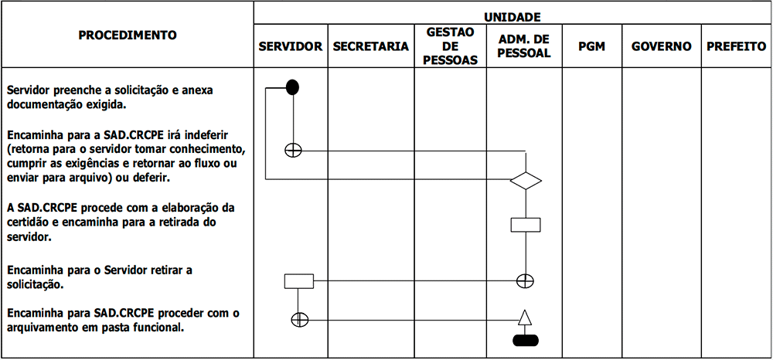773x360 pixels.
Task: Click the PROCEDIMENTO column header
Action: click(x=128, y=36)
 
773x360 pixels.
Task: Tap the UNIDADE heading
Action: click(x=512, y=17)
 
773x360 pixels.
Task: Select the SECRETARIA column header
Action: click(x=371, y=46)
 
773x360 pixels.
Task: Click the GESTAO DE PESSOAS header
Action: click(x=451, y=46)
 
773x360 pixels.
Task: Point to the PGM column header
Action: click(x=591, y=46)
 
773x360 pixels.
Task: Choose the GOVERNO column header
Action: click(x=661, y=46)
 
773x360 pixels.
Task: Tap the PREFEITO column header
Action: click(x=737, y=46)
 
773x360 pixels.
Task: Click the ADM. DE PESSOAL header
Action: click(x=524, y=46)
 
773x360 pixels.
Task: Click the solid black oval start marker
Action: click(x=293, y=87)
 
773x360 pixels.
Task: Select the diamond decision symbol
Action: click(x=526, y=181)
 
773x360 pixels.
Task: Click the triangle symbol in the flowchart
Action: click(x=526, y=318)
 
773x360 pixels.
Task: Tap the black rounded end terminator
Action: click(x=526, y=341)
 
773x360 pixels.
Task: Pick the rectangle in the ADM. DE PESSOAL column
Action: click(x=526, y=225)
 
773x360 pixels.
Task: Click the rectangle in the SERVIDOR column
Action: click(x=298, y=281)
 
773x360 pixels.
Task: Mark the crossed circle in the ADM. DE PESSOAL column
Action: click(x=525, y=280)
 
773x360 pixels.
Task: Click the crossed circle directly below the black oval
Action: click(x=293, y=150)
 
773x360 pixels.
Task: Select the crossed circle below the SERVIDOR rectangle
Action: click(x=300, y=320)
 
